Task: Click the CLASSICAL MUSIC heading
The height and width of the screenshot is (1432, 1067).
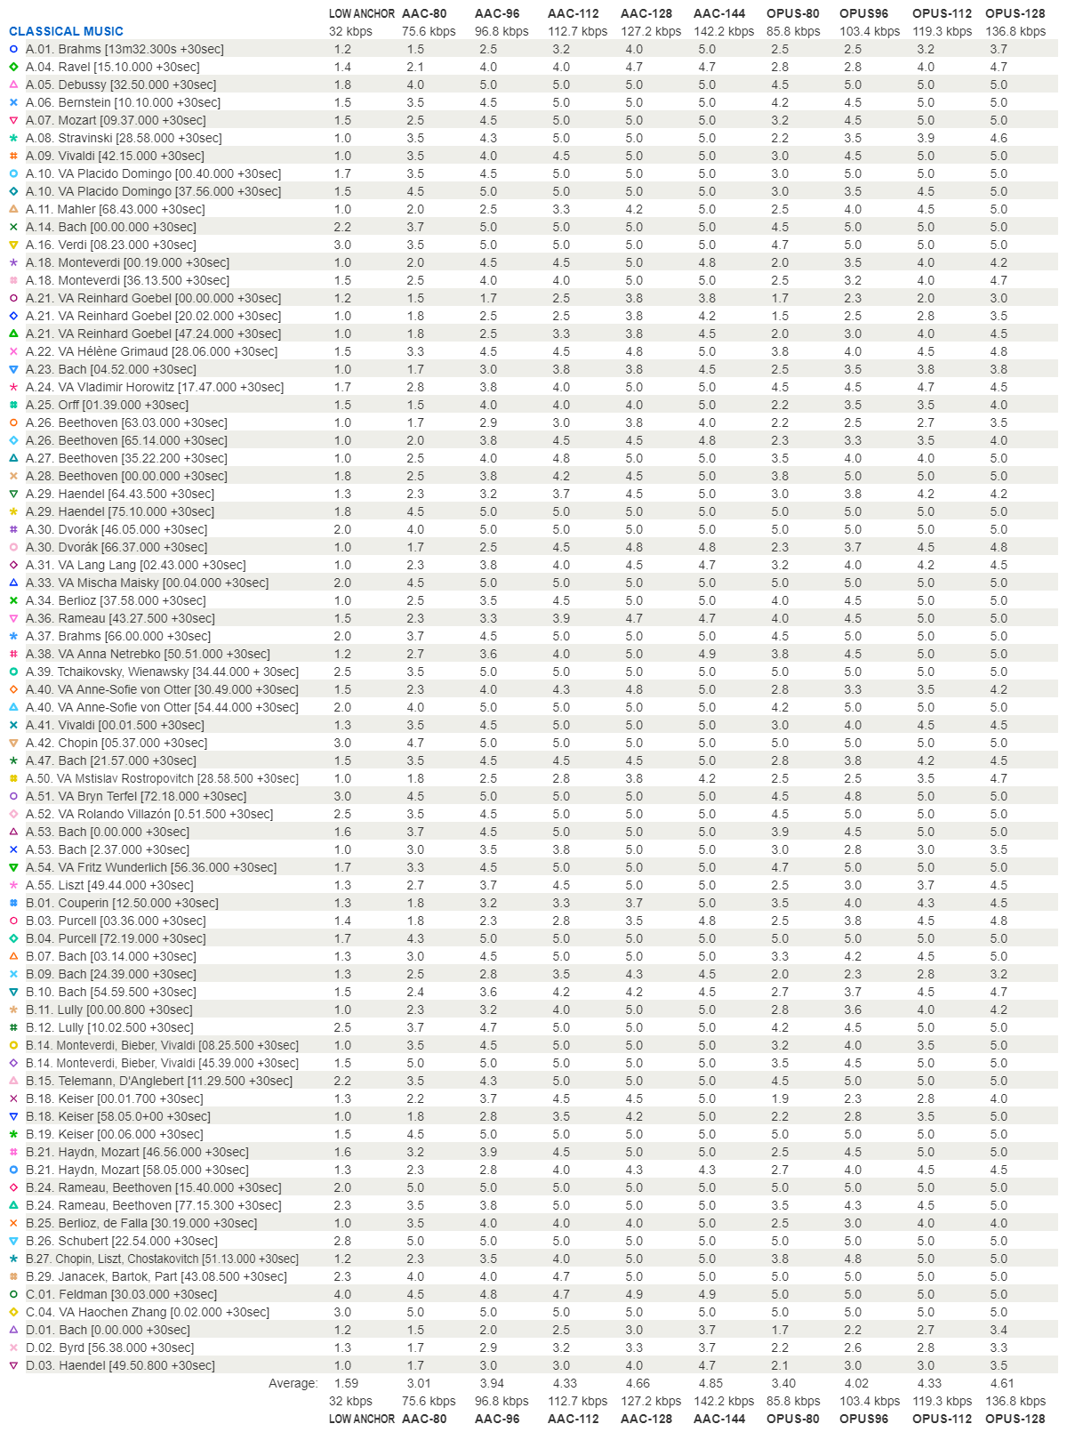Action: coord(66,31)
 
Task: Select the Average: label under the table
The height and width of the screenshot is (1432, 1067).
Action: coord(293,1383)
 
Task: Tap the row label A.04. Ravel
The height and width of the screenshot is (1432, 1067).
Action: coord(112,67)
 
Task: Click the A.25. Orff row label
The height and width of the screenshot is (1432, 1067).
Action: coord(107,405)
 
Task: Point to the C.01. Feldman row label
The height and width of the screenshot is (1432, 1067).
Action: coord(121,1294)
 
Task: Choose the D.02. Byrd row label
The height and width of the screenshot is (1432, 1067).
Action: coord(109,1348)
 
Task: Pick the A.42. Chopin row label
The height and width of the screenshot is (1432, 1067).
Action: coord(116,743)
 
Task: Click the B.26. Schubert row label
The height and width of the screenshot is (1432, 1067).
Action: coord(121,1241)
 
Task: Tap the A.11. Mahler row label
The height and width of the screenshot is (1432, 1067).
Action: coord(115,209)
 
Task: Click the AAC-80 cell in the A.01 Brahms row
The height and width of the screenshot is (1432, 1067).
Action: coord(415,49)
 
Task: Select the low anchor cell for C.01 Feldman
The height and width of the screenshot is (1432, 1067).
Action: coord(342,1294)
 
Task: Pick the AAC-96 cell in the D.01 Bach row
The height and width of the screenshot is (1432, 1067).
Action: coord(488,1330)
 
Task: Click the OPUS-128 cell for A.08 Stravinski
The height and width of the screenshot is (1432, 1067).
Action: coord(999,138)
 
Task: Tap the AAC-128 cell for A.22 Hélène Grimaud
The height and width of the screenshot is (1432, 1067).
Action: coord(634,351)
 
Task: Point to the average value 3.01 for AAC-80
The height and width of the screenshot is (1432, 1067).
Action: coord(419,1383)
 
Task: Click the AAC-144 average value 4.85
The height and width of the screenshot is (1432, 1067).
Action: coord(710,1383)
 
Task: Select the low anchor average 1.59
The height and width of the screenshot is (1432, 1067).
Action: coord(346,1383)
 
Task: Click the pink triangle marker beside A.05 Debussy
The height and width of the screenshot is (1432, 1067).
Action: coord(13,84)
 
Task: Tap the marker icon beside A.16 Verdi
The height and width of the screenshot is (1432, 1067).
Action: coord(13,245)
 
